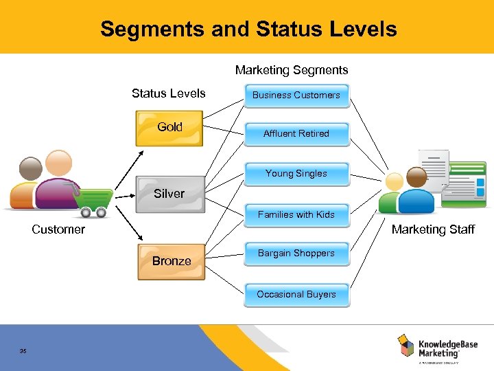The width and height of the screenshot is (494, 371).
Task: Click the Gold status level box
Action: [169, 128]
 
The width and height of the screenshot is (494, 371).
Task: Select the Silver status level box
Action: [169, 194]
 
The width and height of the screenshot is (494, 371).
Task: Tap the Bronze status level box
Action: [172, 262]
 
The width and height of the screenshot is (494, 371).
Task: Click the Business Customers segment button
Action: [296, 95]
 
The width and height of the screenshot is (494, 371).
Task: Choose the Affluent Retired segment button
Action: [296, 134]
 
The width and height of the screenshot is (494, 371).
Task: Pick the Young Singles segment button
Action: [296, 174]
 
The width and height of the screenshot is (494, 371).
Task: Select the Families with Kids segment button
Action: [296, 215]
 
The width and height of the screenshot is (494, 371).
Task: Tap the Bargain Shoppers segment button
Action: [296, 254]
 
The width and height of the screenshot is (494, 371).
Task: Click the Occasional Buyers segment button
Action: [296, 295]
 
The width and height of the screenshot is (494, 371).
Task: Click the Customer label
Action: [58, 229]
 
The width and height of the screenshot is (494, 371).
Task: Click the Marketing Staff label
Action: [433, 229]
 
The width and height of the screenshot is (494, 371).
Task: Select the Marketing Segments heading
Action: [292, 70]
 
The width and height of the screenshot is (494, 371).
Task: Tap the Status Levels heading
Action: [169, 93]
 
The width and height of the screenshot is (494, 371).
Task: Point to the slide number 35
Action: [23, 351]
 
